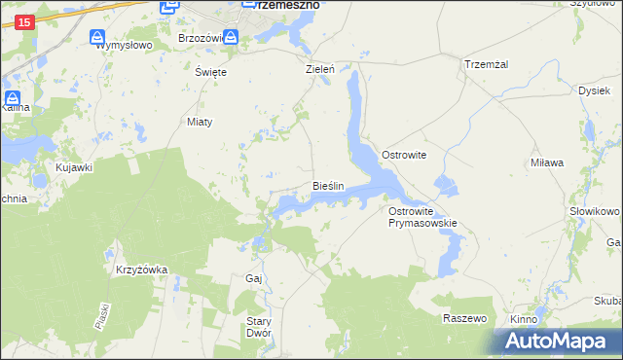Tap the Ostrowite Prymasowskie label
click(422, 217)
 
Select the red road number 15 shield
click(25, 21)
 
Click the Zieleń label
click(320, 70)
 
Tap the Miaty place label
click(199, 122)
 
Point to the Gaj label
click(254, 278)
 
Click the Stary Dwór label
click(258, 327)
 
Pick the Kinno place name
click(524, 319)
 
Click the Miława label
click(547, 162)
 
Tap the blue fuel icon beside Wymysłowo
click(98, 38)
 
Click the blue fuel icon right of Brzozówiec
click(231, 38)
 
